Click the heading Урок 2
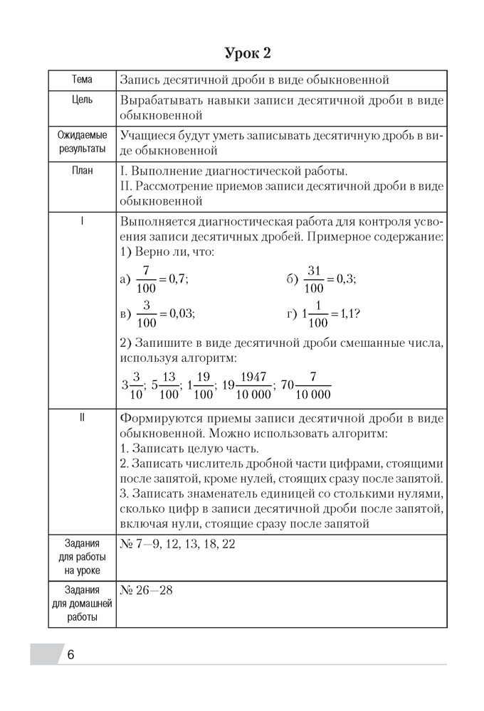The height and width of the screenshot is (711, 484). [247, 53]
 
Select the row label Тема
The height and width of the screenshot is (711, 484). [82, 80]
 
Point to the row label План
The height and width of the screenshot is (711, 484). [82, 171]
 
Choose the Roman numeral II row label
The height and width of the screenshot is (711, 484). [82, 417]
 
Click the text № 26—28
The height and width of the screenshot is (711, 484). [147, 590]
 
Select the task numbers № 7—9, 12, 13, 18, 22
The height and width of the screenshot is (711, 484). [178, 544]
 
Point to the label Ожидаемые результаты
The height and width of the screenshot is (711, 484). [82, 141]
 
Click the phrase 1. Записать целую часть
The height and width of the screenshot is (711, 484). [189, 449]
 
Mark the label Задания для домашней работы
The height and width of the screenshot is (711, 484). [82, 604]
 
